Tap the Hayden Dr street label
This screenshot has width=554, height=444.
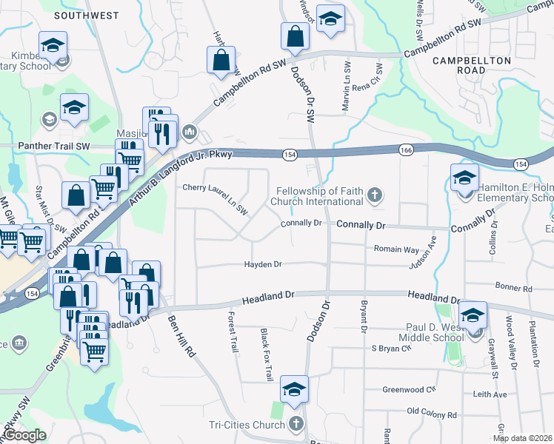click(x=263, y=264)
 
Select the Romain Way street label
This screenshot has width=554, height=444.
click(x=396, y=250)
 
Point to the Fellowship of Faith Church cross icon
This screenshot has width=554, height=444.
click(x=376, y=195)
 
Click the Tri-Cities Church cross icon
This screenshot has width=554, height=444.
click(x=296, y=424)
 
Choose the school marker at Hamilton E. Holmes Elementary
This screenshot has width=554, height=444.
click(x=464, y=178)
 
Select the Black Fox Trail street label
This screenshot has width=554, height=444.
click(x=266, y=355)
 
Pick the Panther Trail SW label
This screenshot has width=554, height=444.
click(x=53, y=147)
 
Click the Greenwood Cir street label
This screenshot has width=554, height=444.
click(x=408, y=389)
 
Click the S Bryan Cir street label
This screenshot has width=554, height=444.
click(x=390, y=348)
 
